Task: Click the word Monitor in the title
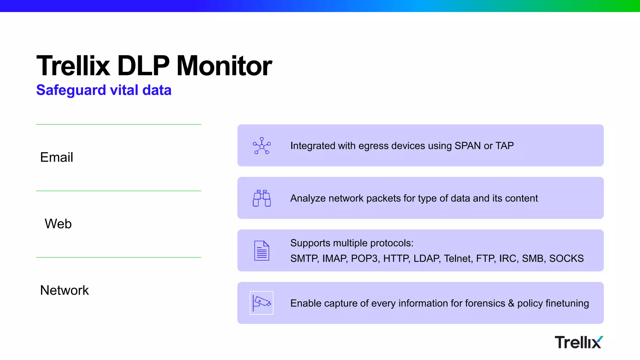click(x=224, y=66)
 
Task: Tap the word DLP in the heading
click(x=143, y=66)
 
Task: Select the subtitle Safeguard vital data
click(x=104, y=90)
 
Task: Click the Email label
click(x=57, y=157)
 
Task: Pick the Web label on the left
click(x=58, y=224)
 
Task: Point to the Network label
click(x=64, y=290)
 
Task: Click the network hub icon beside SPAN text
click(x=262, y=146)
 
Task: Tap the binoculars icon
click(x=262, y=198)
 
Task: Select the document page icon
click(x=262, y=251)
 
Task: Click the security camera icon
click(x=262, y=303)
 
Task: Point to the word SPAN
click(x=467, y=146)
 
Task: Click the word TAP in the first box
click(x=505, y=146)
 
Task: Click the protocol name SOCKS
click(x=566, y=258)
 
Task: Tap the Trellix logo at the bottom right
click(x=579, y=342)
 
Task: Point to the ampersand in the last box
click(x=511, y=303)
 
